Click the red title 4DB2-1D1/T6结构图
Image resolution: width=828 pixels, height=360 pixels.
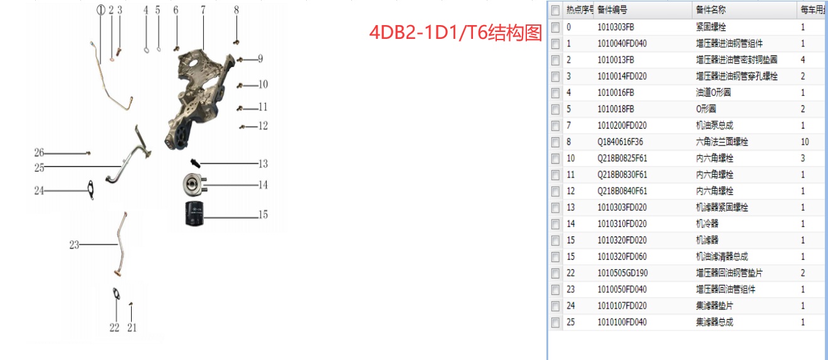[455, 33]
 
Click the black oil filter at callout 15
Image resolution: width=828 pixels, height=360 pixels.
[194, 214]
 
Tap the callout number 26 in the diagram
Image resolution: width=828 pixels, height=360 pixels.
[39, 152]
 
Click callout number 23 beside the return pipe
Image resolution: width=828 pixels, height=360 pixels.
[74, 245]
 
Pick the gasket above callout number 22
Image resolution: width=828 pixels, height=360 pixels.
[115, 293]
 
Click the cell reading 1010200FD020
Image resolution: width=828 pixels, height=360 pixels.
[622, 125]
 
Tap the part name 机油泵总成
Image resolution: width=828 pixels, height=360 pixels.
[714, 125]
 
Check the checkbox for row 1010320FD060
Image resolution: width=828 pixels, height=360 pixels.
[555, 257]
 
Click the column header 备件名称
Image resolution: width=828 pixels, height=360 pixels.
[711, 10]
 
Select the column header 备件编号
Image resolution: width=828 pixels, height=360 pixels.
[612, 10]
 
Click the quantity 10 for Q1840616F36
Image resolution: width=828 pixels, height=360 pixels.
[805, 142]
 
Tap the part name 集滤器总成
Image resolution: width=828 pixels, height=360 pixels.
[714, 322]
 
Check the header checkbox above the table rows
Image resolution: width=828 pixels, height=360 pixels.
[555, 10]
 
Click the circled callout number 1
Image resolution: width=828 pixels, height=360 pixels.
[100, 9]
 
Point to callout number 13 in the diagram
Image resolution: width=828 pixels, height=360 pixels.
[263, 164]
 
